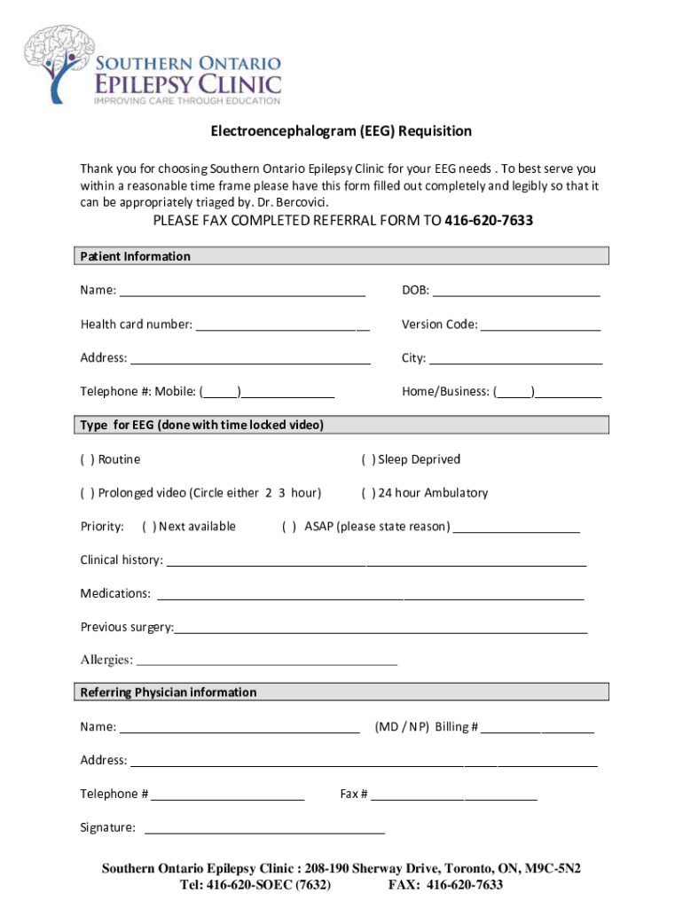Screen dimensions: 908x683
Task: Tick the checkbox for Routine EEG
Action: [x=86, y=459]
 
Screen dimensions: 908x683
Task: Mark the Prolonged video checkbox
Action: [x=86, y=493]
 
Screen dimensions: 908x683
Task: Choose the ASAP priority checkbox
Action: [x=288, y=527]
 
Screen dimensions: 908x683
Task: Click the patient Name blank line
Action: [x=242, y=292]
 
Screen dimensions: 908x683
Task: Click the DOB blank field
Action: [x=516, y=292]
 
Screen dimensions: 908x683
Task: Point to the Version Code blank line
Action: [x=540, y=325]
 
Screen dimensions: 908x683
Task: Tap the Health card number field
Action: [x=282, y=325]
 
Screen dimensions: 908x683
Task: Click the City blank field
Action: [x=515, y=359]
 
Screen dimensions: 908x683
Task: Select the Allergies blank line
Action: [x=266, y=661]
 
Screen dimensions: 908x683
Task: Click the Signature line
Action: [x=264, y=829]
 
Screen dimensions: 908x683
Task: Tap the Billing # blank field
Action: [x=538, y=728]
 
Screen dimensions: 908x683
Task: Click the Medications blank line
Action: [x=369, y=594]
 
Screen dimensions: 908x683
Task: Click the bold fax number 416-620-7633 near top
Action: [x=488, y=221]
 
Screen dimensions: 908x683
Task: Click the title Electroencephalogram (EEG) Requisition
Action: [x=341, y=131]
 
